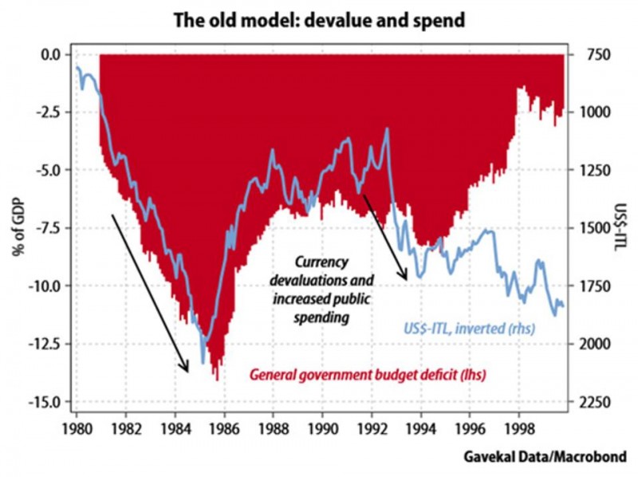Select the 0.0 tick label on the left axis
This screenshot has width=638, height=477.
(x=51, y=54)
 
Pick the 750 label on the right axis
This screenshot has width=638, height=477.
(x=589, y=54)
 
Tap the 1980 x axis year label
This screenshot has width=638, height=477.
(x=77, y=417)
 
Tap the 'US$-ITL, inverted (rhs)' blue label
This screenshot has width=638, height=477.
(x=465, y=329)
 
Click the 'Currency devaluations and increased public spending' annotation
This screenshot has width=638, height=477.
(x=321, y=289)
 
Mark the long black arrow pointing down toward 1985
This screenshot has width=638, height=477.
(x=150, y=292)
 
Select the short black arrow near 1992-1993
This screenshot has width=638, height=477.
(x=385, y=236)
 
